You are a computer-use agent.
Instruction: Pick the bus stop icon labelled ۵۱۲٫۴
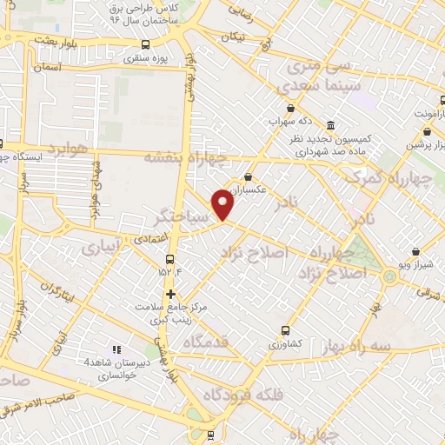(169, 258)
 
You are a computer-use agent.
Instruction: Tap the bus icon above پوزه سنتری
(144, 44)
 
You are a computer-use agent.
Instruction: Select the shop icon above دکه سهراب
(302, 110)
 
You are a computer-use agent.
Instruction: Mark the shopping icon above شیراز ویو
(416, 251)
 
